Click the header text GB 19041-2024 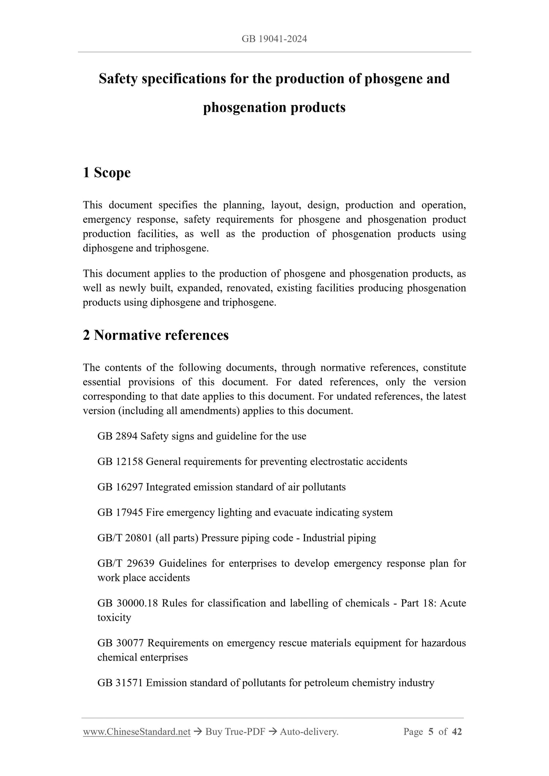(x=274, y=39)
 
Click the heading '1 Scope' (x=107, y=173)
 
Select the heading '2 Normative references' (x=156, y=335)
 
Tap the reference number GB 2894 (x=117, y=436)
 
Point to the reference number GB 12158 (x=120, y=462)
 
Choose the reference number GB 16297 (x=120, y=487)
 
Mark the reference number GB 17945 (x=120, y=513)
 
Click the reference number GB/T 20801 (x=125, y=538)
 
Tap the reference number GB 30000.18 (x=127, y=603)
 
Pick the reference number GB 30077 (x=121, y=643)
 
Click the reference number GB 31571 (x=120, y=683)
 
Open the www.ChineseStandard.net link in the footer (x=137, y=732)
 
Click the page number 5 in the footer (x=430, y=732)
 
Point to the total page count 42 (x=457, y=732)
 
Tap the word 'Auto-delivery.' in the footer (x=309, y=732)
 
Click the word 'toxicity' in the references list (x=114, y=618)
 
